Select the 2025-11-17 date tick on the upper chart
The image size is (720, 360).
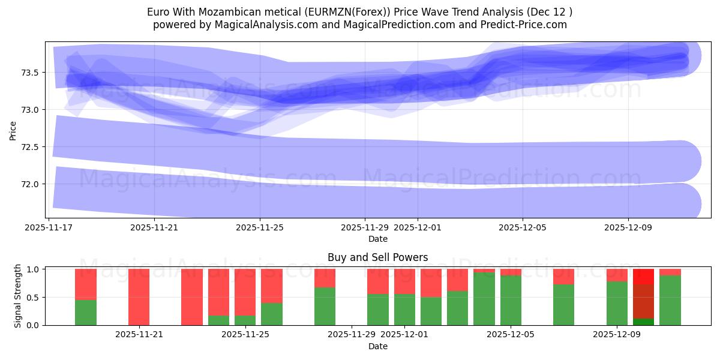click(49, 227)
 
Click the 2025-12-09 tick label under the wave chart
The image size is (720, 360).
click(628, 227)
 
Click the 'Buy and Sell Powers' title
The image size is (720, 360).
click(377, 257)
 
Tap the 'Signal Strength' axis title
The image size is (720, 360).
click(18, 296)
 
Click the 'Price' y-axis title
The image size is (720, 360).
click(13, 130)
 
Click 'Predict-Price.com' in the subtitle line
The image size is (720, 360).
click(526, 25)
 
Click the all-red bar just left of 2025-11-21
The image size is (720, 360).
click(139, 297)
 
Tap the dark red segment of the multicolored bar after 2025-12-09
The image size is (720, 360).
click(643, 301)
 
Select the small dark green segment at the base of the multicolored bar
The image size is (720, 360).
click(643, 322)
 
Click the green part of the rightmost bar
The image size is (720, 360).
click(670, 300)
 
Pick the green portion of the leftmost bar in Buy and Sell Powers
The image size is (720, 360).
click(86, 312)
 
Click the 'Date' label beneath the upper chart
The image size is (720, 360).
click(377, 239)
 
